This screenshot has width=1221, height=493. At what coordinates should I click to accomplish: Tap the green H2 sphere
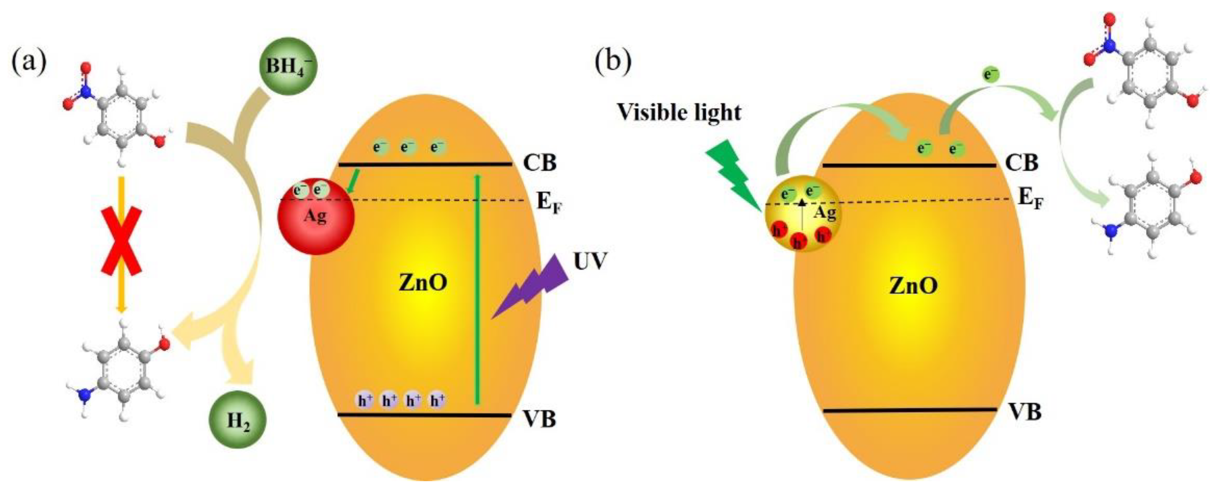(238, 420)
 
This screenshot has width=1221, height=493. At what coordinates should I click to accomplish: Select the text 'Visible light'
(679, 113)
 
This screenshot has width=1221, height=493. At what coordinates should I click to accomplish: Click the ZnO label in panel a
(423, 283)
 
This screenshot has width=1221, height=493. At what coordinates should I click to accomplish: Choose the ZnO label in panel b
(913, 286)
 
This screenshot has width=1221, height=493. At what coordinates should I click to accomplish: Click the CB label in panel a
(539, 163)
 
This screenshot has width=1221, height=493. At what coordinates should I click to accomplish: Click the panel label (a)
(29, 61)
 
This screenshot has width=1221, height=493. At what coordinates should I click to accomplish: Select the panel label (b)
(613, 61)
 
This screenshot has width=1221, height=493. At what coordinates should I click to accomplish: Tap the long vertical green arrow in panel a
(477, 289)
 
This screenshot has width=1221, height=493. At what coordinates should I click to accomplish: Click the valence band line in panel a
(424, 415)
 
